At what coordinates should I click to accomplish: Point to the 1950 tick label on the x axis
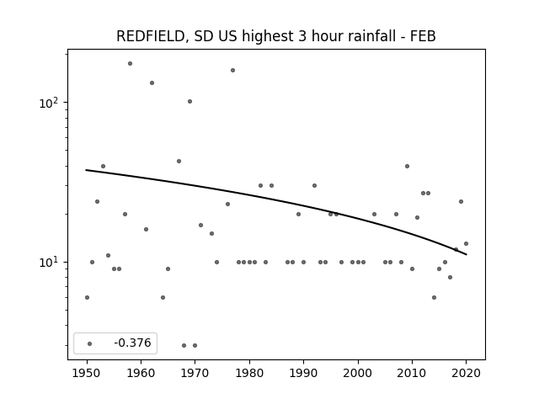pos(87,373)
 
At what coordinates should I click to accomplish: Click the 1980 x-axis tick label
pos(249,373)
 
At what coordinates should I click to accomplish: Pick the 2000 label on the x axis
pos(358,373)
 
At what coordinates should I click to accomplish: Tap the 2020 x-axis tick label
pos(466,373)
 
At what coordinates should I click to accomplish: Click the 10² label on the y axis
pos(51,103)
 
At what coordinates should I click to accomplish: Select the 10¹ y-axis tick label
pos(51,263)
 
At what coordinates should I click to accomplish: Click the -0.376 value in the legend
pos(132,343)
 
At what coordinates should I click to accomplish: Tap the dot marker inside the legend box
pos(90,343)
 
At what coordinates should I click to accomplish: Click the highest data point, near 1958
pos(130,64)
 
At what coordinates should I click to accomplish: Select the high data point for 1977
pos(232,71)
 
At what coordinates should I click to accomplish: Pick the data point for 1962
pos(152,82)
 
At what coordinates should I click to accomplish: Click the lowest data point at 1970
pos(195,345)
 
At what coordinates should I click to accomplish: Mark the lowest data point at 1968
pos(184,345)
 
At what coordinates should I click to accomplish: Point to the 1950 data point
pos(87,297)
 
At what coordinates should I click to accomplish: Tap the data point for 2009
pos(407,167)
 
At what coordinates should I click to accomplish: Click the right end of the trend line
pos(467,254)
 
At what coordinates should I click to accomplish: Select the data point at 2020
pos(466,243)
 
